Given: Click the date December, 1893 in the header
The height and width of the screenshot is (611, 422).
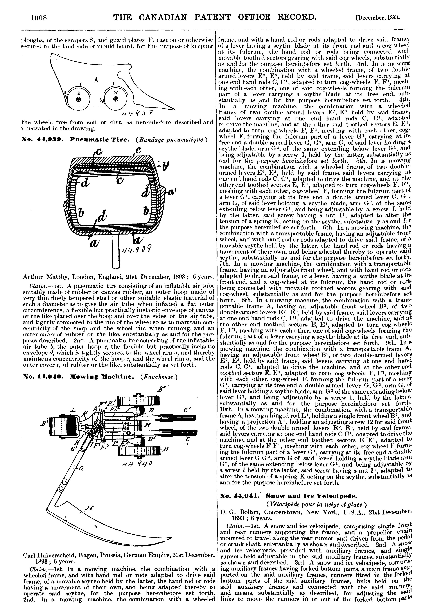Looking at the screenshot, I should click(378, 18).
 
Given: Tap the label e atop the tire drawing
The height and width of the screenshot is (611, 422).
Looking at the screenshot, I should click(138, 152).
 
